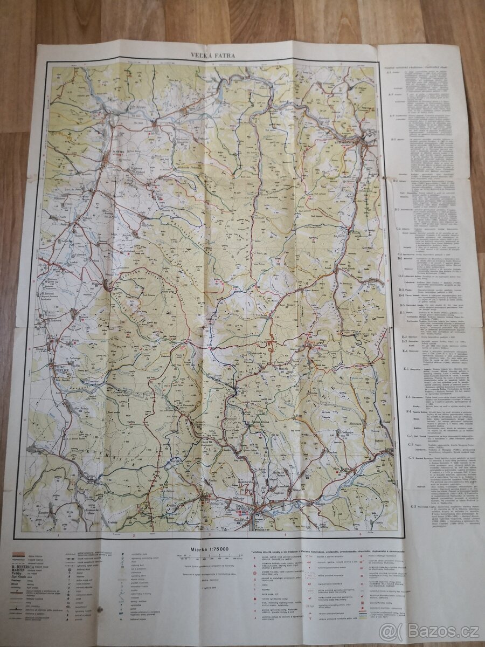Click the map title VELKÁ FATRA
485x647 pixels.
click(x=212, y=54)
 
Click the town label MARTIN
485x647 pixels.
click(x=119, y=151)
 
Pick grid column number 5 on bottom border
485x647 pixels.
click(x=360, y=535)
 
